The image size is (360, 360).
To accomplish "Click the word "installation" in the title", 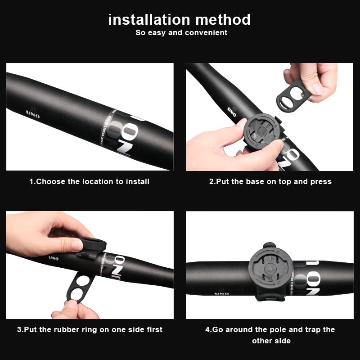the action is (x=149, y=19).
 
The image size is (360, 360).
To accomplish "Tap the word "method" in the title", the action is (x=223, y=19).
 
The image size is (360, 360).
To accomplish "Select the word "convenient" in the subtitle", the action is (x=206, y=32).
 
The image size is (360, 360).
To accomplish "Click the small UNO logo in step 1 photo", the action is (x=33, y=114).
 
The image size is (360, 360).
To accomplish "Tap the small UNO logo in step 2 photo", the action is (x=232, y=112).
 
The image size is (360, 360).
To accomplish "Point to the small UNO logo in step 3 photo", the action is (x=54, y=258).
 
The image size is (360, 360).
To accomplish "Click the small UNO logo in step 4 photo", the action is (x=221, y=293).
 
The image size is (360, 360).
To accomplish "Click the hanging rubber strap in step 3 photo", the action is (x=81, y=286).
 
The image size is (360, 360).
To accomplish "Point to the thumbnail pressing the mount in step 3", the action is (x=77, y=245).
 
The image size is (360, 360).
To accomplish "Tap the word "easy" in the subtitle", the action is (x=157, y=33).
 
